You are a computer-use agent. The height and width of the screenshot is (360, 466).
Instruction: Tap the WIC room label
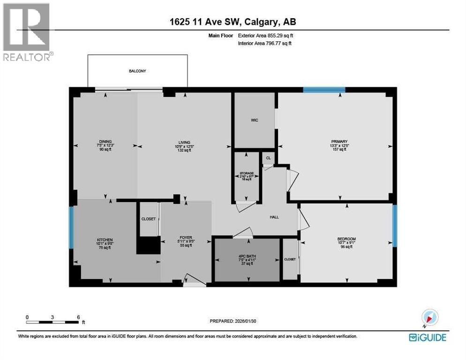pos(254,120)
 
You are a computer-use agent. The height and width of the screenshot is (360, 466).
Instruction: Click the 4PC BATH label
pos(246,256)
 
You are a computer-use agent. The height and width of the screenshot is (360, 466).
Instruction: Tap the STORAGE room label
pos(247,173)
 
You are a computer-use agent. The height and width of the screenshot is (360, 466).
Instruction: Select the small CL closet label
pos(268,158)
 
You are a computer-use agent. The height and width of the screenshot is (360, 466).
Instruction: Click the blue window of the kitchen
pos(71,227)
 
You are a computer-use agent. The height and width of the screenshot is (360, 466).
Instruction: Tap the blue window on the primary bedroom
pos(324,90)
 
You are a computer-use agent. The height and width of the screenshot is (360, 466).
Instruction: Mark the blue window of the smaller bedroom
pos(395,225)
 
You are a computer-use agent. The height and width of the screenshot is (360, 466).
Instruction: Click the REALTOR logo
pos(27,32)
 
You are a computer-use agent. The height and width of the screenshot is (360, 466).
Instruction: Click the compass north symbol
pos(429,317)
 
